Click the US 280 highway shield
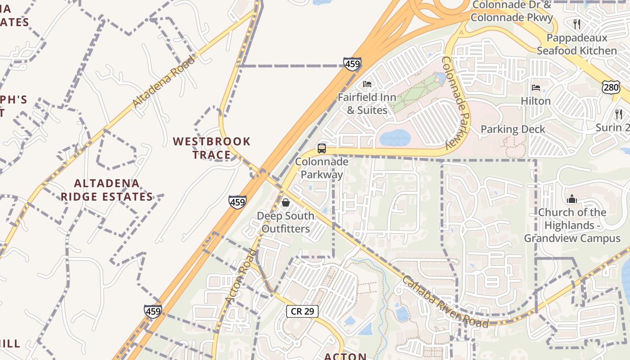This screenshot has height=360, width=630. coord(611,87)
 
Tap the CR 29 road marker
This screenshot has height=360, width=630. coord(302,311)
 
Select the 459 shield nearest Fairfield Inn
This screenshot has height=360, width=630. coord(352,64)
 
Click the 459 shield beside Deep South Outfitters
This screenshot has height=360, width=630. coord(237,202)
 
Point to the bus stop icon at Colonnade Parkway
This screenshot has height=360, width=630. coord(321,148)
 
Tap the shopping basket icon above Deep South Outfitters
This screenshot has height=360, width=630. coord(285,202)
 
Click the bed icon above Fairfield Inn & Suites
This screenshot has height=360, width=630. coord(367,84)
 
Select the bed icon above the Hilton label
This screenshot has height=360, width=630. coord(535,87)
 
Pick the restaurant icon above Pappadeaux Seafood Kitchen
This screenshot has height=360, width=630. coord(577,24)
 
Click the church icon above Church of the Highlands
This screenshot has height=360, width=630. coord(572,198)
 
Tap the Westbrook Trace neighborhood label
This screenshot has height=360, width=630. coord(211,148)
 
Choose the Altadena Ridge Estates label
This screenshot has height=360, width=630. coord(107,190)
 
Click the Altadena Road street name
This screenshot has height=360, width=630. coord(164,81)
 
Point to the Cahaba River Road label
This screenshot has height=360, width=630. coord(445,301)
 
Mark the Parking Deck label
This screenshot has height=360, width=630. coord(513,129)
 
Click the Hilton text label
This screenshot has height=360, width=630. coord(535,101)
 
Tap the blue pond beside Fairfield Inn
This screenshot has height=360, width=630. coord(395,137)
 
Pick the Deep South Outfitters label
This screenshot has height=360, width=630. coord(285,222)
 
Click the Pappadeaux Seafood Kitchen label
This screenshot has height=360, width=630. coord(576,44)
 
